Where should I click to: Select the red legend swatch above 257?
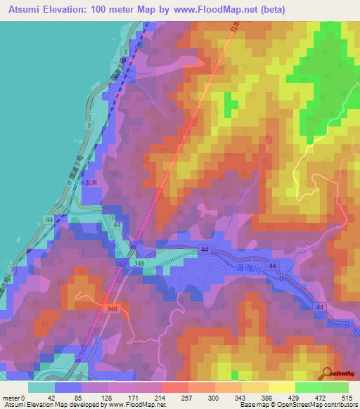pyautogui.click(x=175, y=387)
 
